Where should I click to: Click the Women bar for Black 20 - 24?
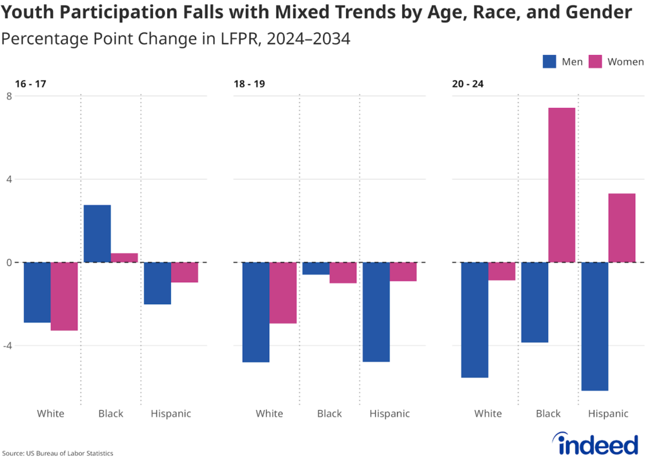pos(562,185)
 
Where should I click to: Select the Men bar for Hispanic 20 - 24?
pos(595,326)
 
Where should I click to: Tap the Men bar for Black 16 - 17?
pos(97,233)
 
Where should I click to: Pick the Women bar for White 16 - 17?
pos(64,296)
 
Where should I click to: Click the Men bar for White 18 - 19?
pos(256,312)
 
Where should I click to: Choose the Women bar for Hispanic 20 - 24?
pos(622,227)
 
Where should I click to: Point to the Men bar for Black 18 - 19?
pos(316,269)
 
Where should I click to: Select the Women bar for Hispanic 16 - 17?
pos(185,273)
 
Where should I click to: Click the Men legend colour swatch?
pos(550,62)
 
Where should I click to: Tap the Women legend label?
pos(625,62)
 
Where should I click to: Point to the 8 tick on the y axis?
pos(9,96)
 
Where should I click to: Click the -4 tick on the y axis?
pos(7,345)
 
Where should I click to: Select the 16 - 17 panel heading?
pos(31,84)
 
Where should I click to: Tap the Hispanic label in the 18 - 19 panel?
pos(389,413)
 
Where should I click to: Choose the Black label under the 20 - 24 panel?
pos(548,413)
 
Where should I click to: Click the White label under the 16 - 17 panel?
pos(50,413)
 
